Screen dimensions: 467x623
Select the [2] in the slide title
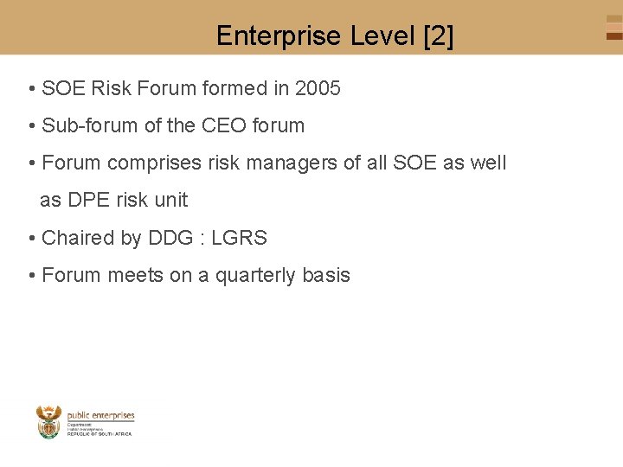[x=438, y=36]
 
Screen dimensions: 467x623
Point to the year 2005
[x=318, y=88]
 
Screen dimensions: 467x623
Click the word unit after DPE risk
[x=170, y=200]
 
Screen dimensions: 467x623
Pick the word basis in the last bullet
[x=326, y=275]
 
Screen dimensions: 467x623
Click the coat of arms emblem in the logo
[x=49, y=422]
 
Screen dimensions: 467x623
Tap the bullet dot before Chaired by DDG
[x=31, y=239]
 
